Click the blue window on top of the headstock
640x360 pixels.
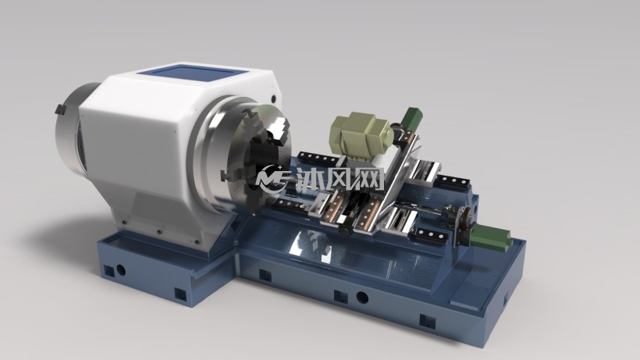193,75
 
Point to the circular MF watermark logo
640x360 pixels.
272,178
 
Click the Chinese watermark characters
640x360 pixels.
340,179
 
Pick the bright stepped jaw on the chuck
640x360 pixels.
280,130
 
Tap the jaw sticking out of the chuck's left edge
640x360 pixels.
226,175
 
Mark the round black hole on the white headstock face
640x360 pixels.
273,98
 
